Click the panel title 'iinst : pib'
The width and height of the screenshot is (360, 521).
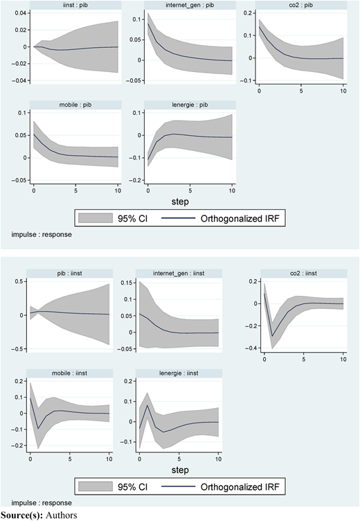(75, 5)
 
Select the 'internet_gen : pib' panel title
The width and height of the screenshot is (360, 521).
(190, 5)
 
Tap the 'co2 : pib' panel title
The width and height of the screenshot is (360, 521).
(301, 5)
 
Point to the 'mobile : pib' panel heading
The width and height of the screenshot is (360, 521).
(75, 105)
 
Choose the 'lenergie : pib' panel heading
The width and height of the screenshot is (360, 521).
(190, 105)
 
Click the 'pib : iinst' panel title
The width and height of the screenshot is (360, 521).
(70, 273)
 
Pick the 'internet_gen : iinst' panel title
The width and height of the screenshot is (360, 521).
(179, 273)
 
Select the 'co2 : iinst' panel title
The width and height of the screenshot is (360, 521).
(303, 273)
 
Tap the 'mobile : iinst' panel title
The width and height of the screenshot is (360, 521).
(70, 373)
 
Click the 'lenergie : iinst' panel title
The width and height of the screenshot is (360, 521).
(179, 373)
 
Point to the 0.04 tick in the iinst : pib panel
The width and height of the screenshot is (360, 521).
(20, 13)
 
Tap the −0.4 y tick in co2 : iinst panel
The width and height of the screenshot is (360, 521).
(251, 348)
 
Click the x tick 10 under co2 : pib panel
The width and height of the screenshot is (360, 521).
(343, 91)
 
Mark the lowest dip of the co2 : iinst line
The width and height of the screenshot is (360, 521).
(272, 336)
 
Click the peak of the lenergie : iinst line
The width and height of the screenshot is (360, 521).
(147, 405)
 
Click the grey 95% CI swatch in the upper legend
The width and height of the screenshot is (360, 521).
(96, 218)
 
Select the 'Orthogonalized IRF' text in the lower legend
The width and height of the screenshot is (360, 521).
(240, 487)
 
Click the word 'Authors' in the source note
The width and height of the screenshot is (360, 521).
(62, 515)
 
